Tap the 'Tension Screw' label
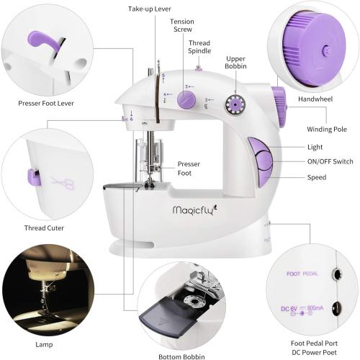coord(181,26)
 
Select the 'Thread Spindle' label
coord(199,47)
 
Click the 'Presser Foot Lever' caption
coord(45,103)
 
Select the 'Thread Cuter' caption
coord(44,228)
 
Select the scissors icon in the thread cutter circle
coord(63,183)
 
